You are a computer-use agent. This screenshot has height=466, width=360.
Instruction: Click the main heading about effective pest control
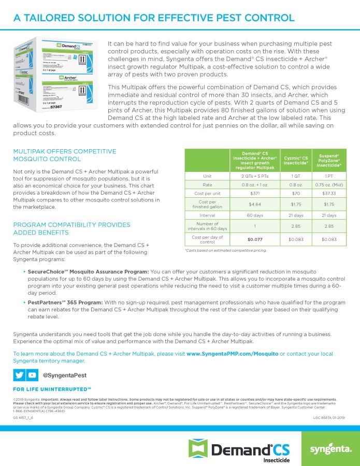tap(154, 18)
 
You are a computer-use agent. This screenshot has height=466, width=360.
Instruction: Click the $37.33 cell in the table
tap(329, 193)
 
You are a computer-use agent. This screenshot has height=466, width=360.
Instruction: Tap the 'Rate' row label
tap(207, 185)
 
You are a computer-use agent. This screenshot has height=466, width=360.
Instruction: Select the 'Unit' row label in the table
tap(207, 176)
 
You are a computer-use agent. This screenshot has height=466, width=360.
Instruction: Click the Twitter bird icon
tap(19, 375)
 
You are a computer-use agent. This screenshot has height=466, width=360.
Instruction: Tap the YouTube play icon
tap(32, 375)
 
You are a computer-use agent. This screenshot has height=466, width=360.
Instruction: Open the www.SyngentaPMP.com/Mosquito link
tap(232, 354)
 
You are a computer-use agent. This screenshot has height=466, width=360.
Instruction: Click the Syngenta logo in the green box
tap(330, 448)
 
